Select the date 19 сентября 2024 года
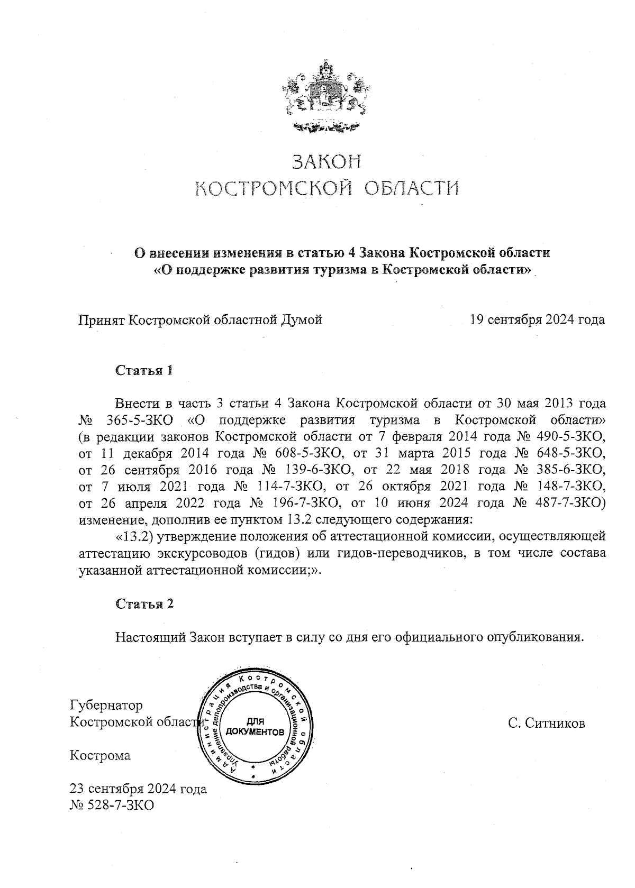tap(537, 319)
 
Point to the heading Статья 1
tap(144, 370)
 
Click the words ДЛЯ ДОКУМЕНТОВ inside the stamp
tap(255, 727)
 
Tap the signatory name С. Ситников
tap(546, 723)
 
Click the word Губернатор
tap(106, 706)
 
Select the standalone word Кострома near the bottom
tap(100, 755)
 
